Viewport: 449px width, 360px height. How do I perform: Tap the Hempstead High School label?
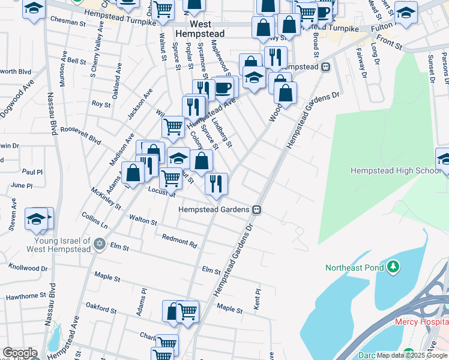point(396,171)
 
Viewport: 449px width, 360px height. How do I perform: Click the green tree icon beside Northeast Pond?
point(393,266)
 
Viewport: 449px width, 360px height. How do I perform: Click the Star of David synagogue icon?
point(100,244)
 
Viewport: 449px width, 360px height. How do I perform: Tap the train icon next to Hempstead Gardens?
point(256,209)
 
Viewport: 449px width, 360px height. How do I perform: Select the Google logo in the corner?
point(20,353)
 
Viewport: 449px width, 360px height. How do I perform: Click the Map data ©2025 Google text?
point(411,355)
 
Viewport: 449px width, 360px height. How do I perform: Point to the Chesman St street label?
point(68,22)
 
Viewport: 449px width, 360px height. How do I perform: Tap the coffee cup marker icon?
point(223,87)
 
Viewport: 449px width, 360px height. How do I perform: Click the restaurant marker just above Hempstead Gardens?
point(216,183)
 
